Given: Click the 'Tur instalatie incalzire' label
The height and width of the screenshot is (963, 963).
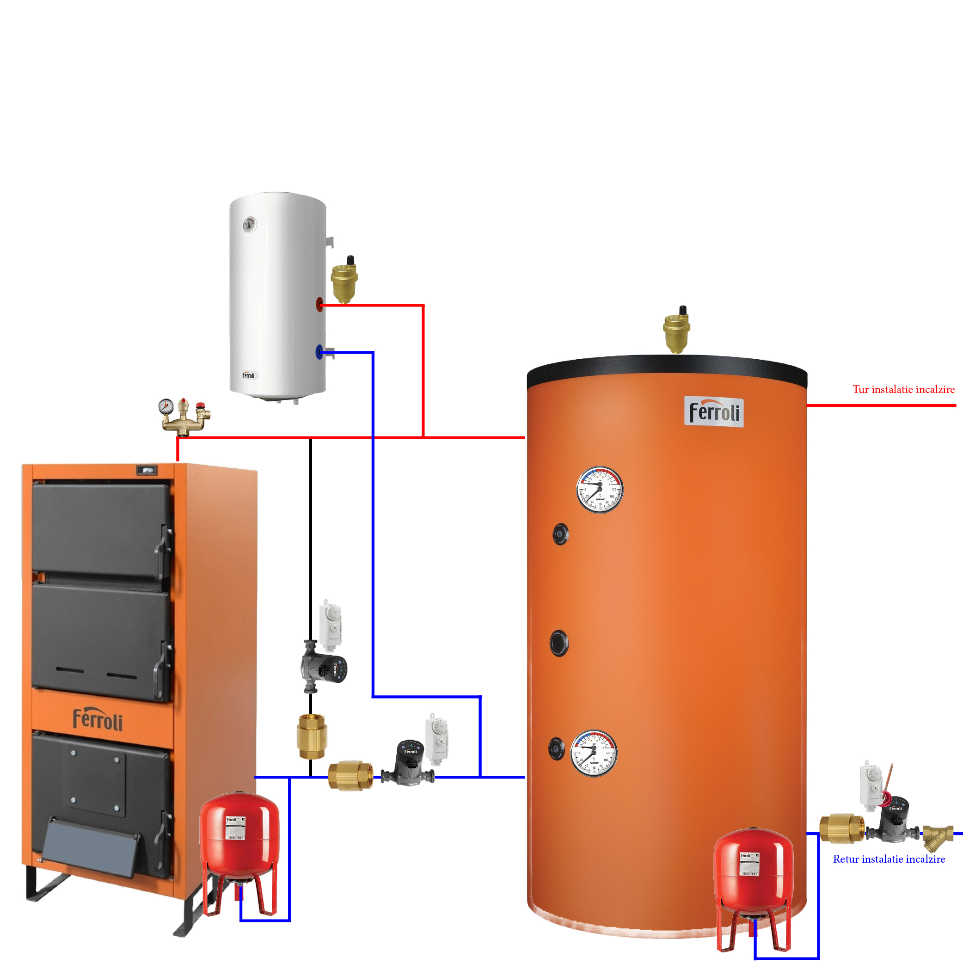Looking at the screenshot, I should [x=903, y=389].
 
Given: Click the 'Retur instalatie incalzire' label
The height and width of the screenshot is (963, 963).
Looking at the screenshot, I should [x=889, y=859].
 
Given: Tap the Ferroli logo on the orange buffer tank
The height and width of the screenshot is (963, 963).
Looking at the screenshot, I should [x=714, y=412].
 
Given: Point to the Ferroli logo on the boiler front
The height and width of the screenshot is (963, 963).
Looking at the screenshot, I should [x=98, y=720].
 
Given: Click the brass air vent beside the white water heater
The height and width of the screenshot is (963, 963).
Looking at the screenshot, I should [x=344, y=281].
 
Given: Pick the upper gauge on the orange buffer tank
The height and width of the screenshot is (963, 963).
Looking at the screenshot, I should [x=600, y=490].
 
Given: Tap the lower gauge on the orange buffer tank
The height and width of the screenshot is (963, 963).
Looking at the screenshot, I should [x=594, y=753].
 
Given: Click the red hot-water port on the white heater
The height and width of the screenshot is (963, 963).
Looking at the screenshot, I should [x=319, y=304].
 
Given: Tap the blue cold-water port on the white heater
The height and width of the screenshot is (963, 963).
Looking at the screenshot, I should [x=319, y=352].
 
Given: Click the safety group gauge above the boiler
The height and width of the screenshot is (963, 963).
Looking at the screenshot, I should [x=166, y=406].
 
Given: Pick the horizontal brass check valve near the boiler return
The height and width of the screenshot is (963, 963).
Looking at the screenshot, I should [x=350, y=776].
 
